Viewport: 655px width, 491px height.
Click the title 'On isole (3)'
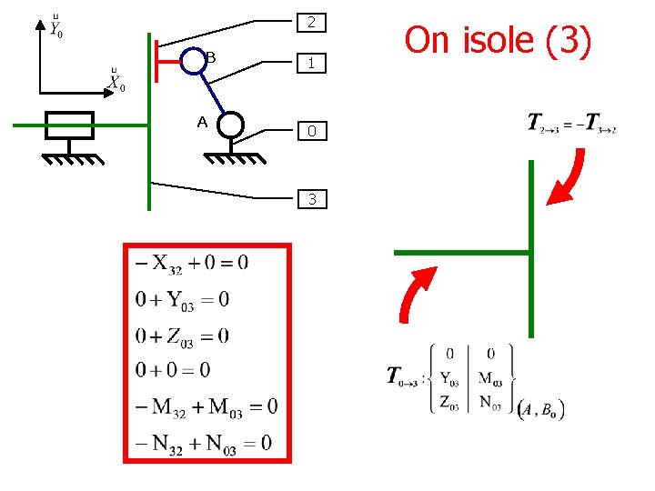point(498,40)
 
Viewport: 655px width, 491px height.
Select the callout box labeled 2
point(311,22)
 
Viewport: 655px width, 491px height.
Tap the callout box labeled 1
point(311,64)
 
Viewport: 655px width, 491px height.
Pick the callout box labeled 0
point(311,132)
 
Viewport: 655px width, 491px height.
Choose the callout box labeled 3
point(311,198)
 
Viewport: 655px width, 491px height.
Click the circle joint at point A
point(230,125)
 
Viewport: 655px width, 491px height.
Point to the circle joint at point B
point(191,62)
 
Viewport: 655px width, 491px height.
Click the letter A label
point(202,122)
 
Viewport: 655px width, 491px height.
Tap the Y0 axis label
point(56,28)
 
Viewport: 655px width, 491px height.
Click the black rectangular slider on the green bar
point(69,125)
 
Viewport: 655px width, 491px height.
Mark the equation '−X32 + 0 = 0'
point(191,264)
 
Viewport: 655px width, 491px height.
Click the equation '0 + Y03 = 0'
point(182,300)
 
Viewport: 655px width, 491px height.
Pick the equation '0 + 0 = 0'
point(173,370)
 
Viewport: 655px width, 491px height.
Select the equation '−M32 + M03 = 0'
point(206,406)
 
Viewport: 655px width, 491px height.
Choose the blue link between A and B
point(210,93)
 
